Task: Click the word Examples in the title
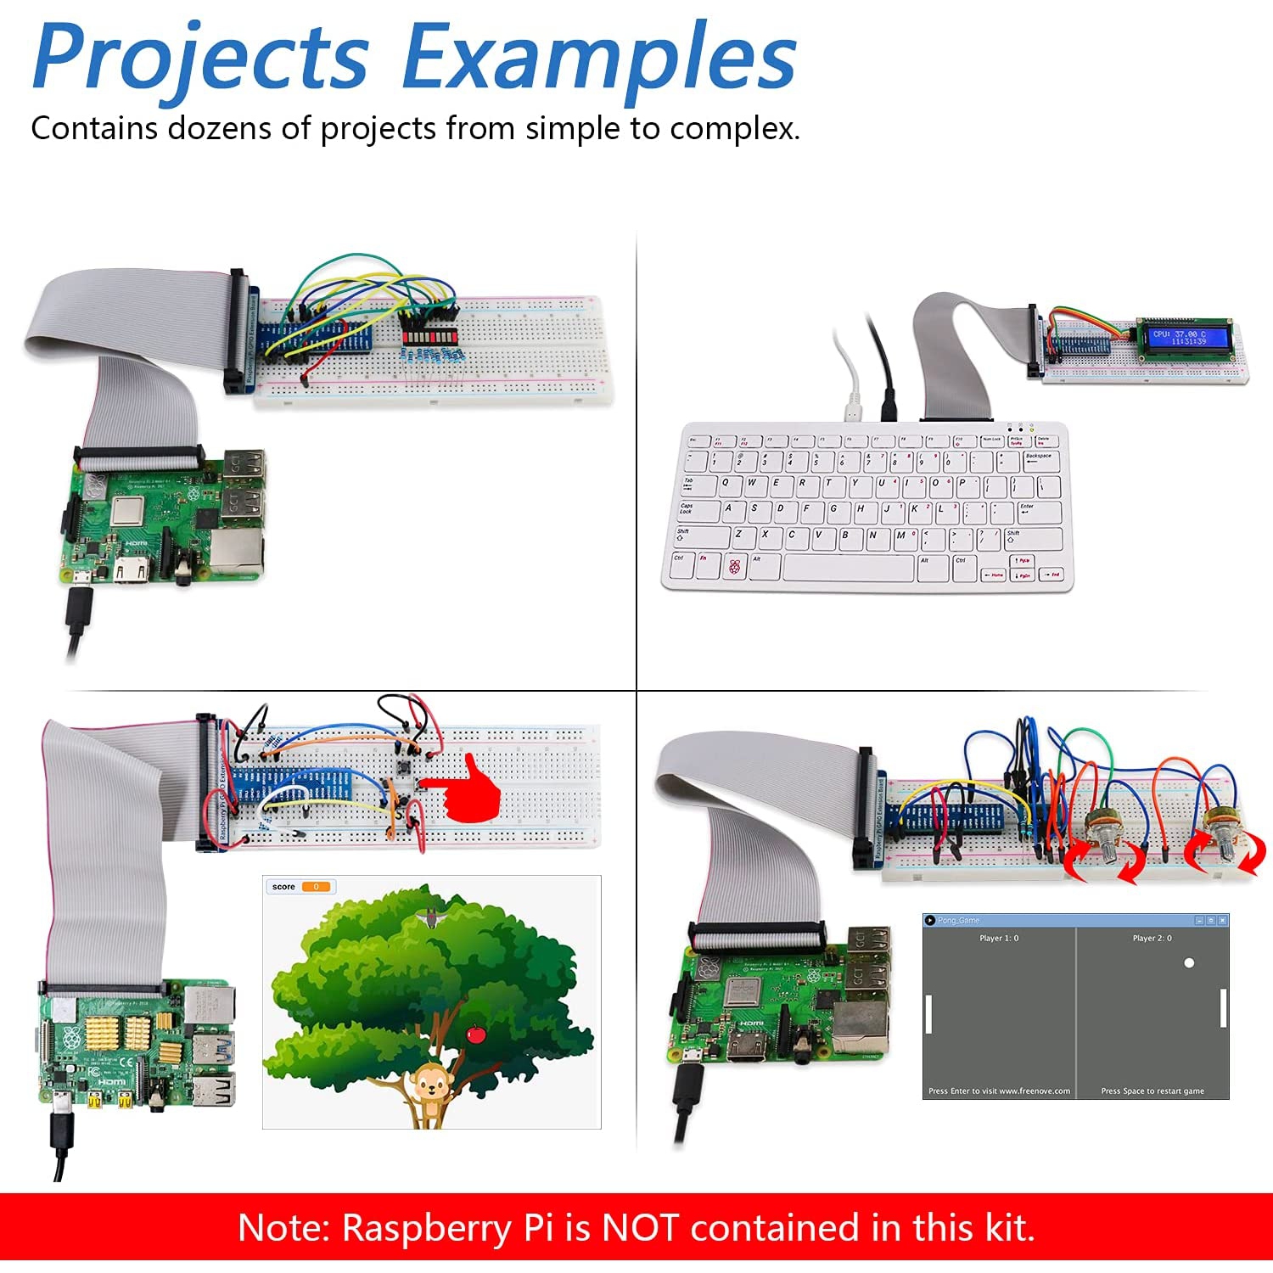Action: pos(598,58)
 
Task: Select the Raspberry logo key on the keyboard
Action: pos(735,567)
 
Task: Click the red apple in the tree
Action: pos(476,1034)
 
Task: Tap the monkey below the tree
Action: pos(430,1089)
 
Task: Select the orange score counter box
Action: pos(316,887)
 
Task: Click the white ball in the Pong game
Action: pos(1189,963)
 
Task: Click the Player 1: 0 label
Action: pos(999,939)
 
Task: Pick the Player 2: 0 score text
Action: pos(1152,939)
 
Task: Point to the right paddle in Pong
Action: pos(1223,1007)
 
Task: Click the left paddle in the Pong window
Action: pos(928,1014)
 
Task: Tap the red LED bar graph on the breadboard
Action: pos(429,337)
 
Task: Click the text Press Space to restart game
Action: pos(1152,1091)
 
